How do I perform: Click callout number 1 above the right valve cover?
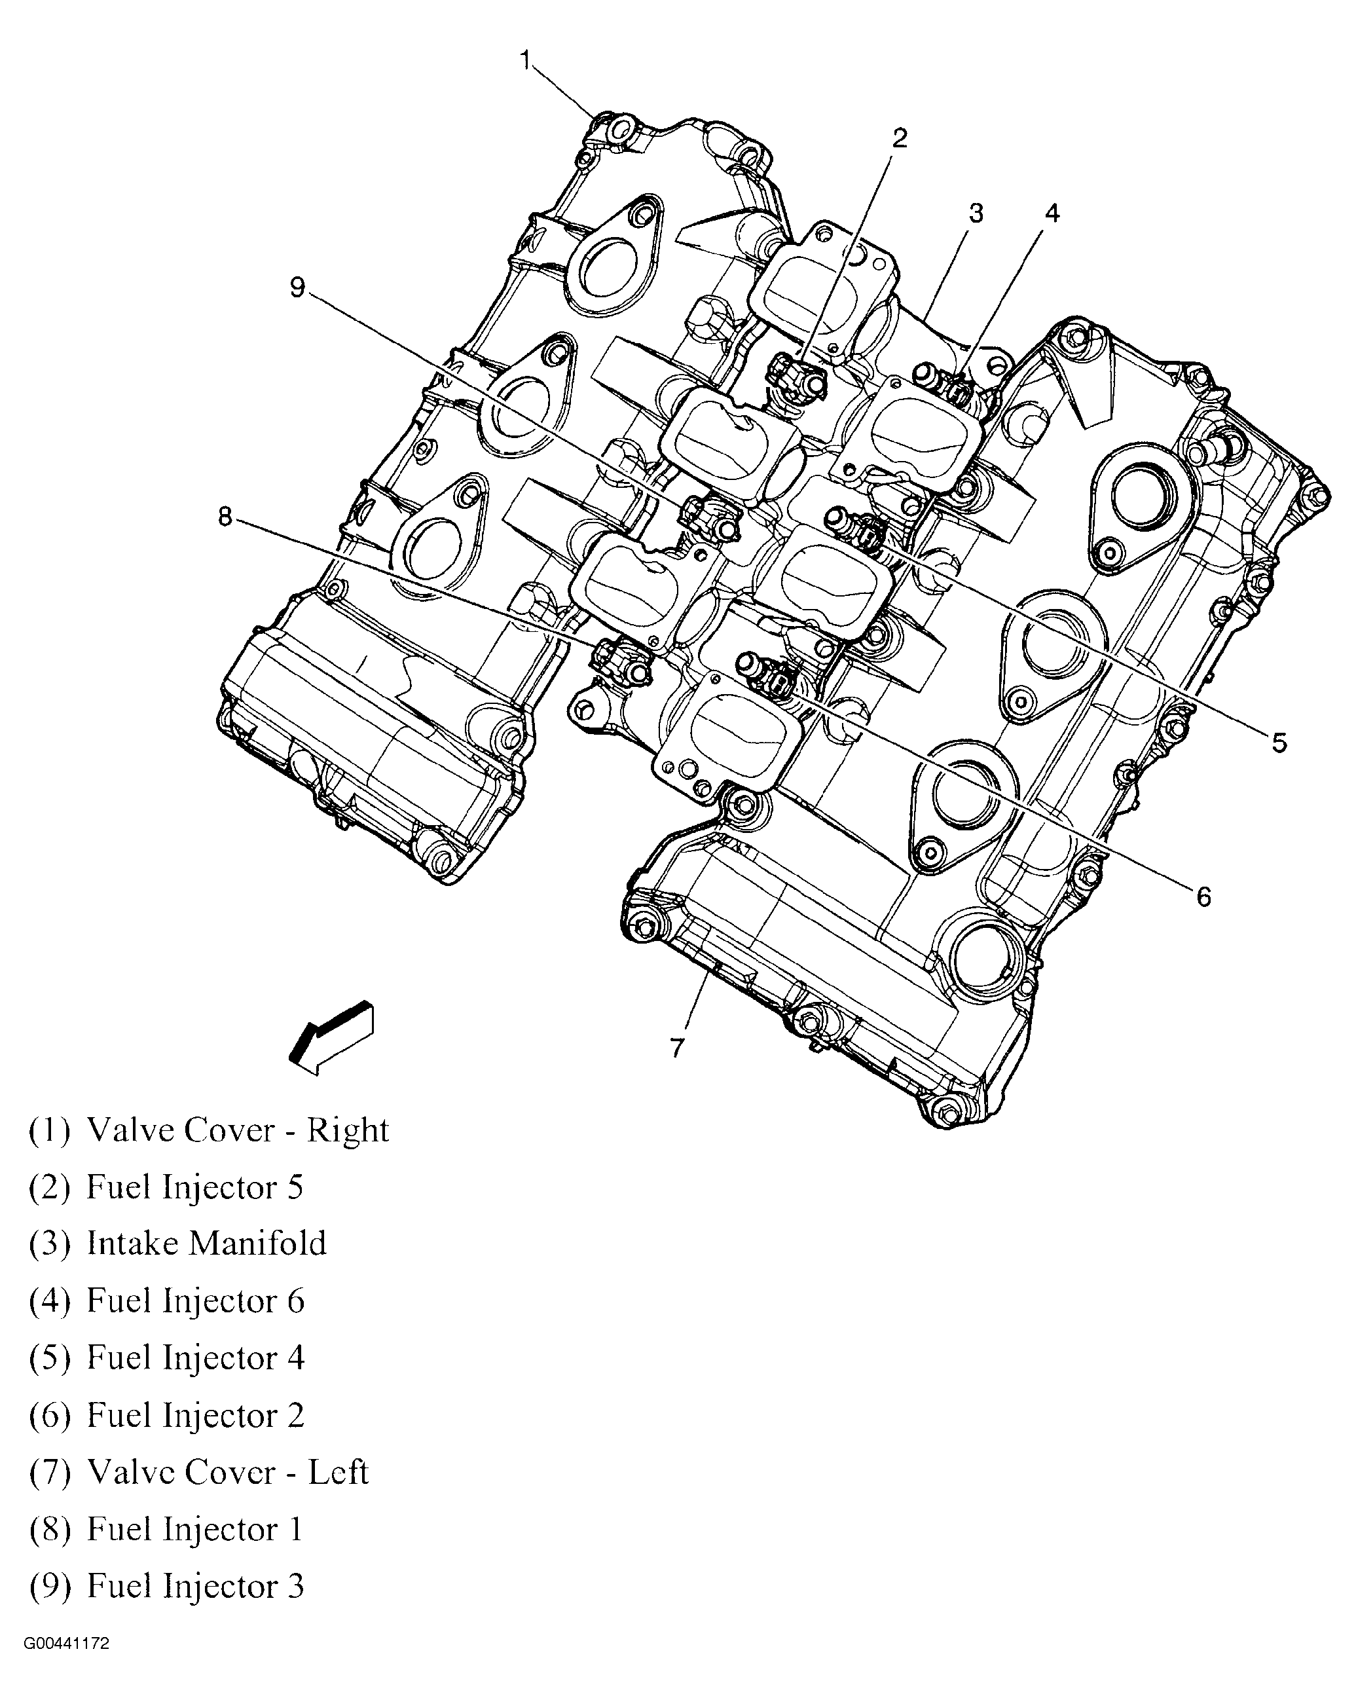[x=526, y=61]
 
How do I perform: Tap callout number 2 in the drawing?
[x=899, y=138]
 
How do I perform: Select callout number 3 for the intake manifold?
[x=976, y=213]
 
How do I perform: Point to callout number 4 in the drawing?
[x=1052, y=213]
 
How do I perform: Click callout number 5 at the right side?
[x=1278, y=742]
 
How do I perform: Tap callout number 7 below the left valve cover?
[x=677, y=1048]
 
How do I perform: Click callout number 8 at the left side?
[x=225, y=517]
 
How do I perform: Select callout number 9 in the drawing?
[x=297, y=287]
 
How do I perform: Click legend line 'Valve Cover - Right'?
[x=209, y=1130]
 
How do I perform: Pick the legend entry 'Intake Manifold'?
[x=177, y=1244]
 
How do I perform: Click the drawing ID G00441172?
[x=66, y=1666]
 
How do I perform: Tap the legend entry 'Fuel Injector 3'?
[x=166, y=1586]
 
